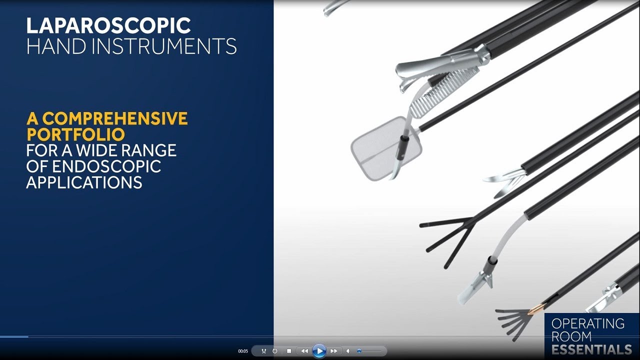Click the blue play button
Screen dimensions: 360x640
pos(319,351)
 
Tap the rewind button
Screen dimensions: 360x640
pos(304,351)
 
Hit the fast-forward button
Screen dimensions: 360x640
pos(333,351)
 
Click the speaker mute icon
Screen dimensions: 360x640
pos(348,351)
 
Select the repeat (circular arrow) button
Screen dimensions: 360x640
pos(275,351)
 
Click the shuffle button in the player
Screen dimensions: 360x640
pos(263,351)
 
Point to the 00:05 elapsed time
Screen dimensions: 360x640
pos(243,351)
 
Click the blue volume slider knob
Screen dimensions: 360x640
pos(359,351)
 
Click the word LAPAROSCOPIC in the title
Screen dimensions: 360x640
pos(108,26)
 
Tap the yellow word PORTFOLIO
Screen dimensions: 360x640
pos(75,134)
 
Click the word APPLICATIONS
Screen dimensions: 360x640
pos(84,182)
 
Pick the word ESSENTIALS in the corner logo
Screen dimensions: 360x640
pos(591,349)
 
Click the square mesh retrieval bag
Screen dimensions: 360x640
pos(385,148)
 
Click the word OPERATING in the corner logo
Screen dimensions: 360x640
pos(588,323)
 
